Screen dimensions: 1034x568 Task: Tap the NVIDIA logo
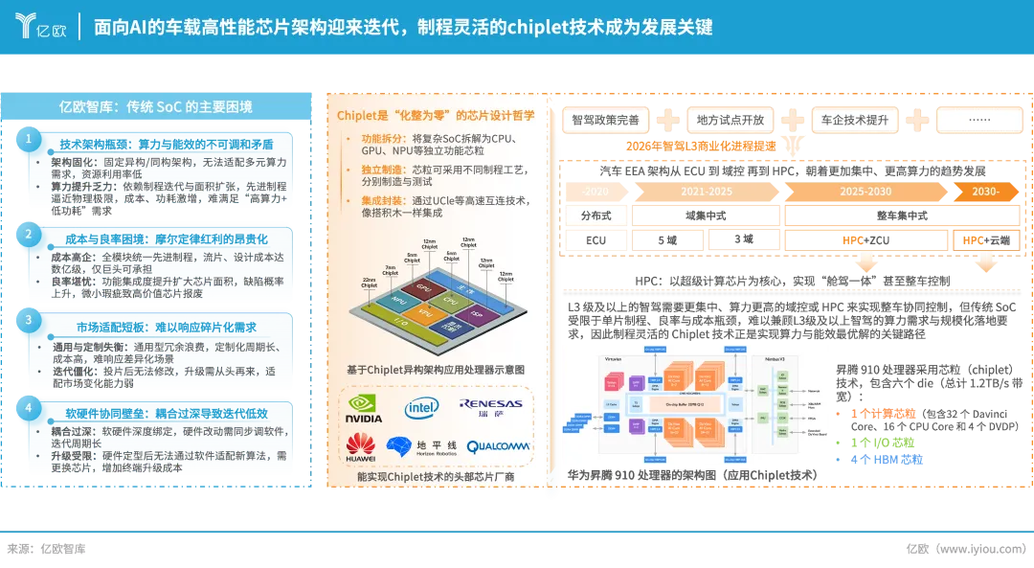(x=364, y=409)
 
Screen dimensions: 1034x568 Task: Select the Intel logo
(x=421, y=409)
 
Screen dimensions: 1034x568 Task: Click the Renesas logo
(x=491, y=408)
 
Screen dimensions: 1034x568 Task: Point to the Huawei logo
(x=361, y=446)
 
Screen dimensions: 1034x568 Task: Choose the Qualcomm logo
(x=498, y=446)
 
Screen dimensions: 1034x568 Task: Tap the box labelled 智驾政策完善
(x=605, y=120)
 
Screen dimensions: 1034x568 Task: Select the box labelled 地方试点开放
(x=730, y=120)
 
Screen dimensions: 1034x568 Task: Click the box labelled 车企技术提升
(x=854, y=120)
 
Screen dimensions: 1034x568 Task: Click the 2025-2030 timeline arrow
(x=865, y=192)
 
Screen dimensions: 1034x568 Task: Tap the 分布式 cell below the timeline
(x=596, y=216)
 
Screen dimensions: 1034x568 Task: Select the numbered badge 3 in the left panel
(x=29, y=321)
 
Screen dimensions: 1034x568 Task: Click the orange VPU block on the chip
(x=424, y=312)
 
